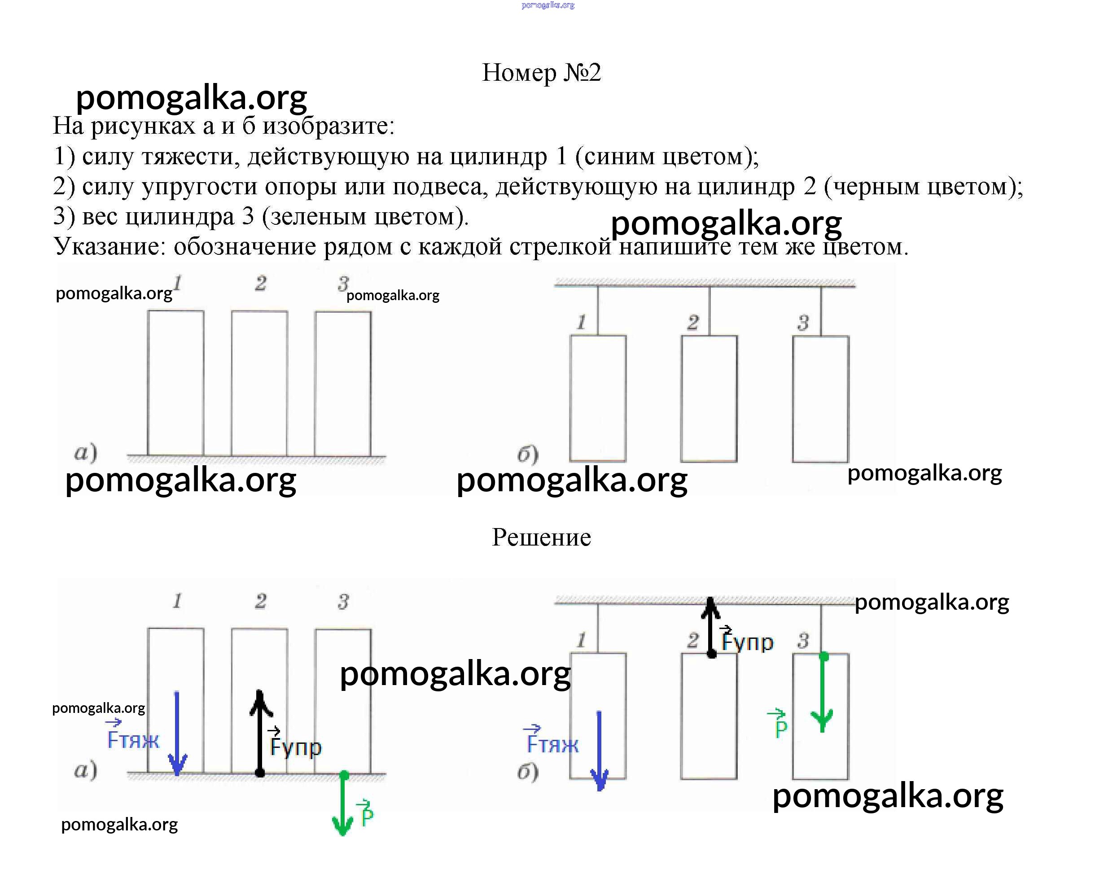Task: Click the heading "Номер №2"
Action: point(541,72)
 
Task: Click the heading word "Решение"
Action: point(541,537)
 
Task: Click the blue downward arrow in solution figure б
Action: point(599,750)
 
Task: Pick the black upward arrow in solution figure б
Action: point(711,626)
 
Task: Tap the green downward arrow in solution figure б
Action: point(823,693)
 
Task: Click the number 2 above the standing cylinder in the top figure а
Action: point(260,283)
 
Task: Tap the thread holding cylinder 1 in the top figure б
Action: point(598,310)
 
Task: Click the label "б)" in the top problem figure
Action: point(527,454)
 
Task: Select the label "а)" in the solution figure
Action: point(85,770)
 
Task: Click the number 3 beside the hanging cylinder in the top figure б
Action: point(803,322)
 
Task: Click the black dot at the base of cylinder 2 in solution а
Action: point(260,773)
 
